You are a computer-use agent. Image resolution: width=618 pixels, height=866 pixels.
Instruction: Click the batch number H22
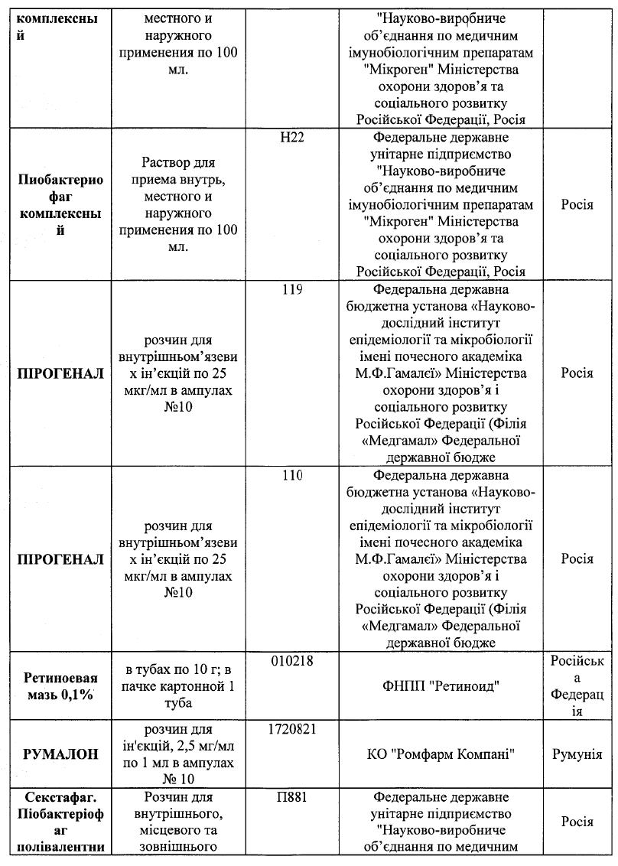[294, 138]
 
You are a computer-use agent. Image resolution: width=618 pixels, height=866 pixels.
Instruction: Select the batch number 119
[293, 290]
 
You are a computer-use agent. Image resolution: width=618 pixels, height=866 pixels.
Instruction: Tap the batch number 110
[293, 475]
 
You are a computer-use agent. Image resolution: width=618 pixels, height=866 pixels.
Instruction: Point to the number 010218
[293, 659]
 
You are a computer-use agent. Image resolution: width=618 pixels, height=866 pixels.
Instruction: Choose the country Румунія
[577, 754]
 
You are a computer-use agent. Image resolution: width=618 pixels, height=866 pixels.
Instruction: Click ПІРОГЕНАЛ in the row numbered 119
[60, 373]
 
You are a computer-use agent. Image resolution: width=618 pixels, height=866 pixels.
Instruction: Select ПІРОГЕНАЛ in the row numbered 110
[60, 558]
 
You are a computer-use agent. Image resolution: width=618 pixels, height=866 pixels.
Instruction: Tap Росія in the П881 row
[577, 821]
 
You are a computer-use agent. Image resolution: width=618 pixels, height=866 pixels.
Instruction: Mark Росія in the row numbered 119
[577, 373]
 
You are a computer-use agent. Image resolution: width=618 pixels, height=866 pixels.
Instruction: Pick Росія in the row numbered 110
[577, 558]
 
